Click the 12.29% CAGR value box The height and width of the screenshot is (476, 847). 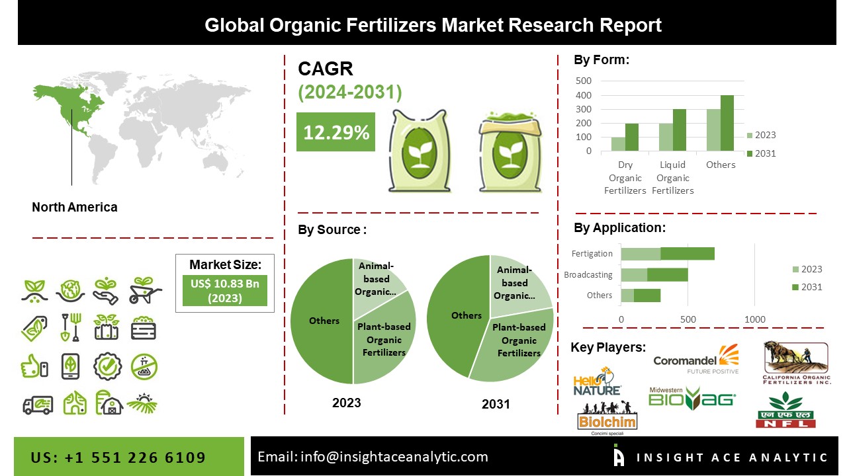pyautogui.click(x=335, y=132)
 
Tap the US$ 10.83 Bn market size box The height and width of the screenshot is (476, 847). pyautogui.click(x=224, y=290)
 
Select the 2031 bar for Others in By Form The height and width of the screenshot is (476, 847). pyautogui.click(x=727, y=123)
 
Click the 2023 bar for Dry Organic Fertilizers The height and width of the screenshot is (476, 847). pyautogui.click(x=618, y=144)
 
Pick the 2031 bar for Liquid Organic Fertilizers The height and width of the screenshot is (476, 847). pyautogui.click(x=680, y=130)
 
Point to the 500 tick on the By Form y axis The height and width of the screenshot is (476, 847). pyautogui.click(x=584, y=81)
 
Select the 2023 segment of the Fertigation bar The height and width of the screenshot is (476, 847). pyautogui.click(x=641, y=253)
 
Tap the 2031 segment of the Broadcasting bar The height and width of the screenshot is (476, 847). pyautogui.click(x=668, y=274)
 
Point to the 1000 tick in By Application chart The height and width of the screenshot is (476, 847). pyautogui.click(x=755, y=319)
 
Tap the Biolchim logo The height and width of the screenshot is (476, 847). pyautogui.click(x=598, y=422)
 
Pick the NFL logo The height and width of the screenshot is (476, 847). pyautogui.click(x=786, y=411)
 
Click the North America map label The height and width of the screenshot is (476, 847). pyautogui.click(x=75, y=207)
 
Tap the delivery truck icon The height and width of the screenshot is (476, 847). pyautogui.click(x=38, y=404)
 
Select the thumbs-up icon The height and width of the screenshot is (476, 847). pyautogui.click(x=34, y=366)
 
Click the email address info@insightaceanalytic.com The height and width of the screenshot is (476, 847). pyautogui.click(x=373, y=456)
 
